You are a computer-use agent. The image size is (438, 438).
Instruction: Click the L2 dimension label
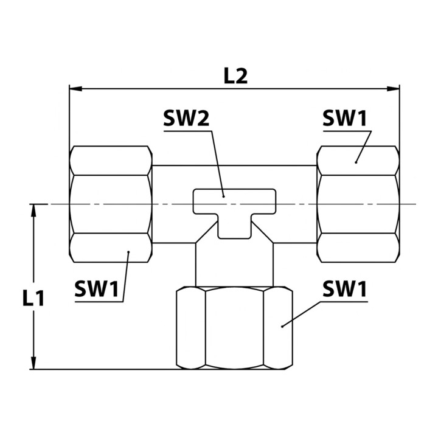pyautogui.click(x=236, y=76)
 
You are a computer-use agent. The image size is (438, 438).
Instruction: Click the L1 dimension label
pyautogui.click(x=33, y=299)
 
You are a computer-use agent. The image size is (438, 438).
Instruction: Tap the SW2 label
pyautogui.click(x=186, y=118)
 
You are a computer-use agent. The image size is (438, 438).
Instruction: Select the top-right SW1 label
pyautogui.click(x=344, y=118)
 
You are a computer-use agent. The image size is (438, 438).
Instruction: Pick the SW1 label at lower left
pyautogui.click(x=97, y=289)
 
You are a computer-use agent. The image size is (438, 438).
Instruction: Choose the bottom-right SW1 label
pyautogui.click(x=344, y=289)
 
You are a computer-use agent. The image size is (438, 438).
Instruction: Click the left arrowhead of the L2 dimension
pyautogui.click(x=75, y=89)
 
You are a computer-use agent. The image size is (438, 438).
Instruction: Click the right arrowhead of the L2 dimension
pyautogui.click(x=393, y=89)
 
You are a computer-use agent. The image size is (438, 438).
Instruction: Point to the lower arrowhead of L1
pyautogui.click(x=33, y=363)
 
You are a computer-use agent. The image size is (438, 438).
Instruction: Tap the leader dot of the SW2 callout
pyautogui.click(x=223, y=196)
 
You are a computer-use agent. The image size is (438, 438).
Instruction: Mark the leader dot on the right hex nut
pyautogui.click(x=356, y=162)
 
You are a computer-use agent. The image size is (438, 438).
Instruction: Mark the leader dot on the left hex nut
pyautogui.click(x=128, y=252)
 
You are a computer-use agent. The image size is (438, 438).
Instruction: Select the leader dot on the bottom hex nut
pyautogui.click(x=282, y=326)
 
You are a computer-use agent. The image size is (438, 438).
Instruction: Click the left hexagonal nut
pyautogui.click(x=111, y=204)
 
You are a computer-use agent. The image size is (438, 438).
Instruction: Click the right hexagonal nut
pyautogui.click(x=358, y=204)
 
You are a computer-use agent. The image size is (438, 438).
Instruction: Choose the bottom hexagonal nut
pyautogui.click(x=235, y=328)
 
